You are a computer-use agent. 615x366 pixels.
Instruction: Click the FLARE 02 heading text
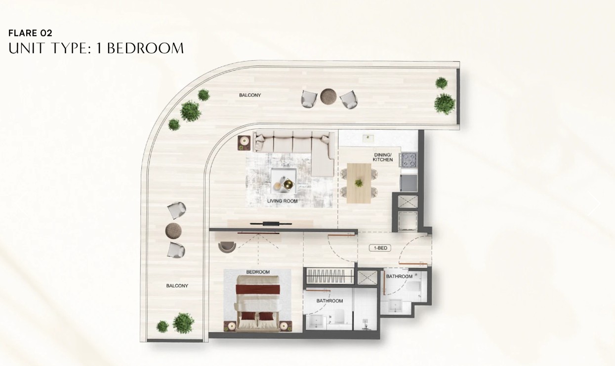click(x=30, y=33)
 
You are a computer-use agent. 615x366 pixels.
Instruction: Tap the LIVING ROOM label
click(x=282, y=201)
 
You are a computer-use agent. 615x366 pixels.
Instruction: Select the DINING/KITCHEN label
click(x=383, y=157)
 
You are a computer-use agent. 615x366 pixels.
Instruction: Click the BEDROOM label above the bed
click(x=258, y=272)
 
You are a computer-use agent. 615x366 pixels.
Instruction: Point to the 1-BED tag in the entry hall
click(x=380, y=248)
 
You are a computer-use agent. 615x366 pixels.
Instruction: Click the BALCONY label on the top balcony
click(x=250, y=95)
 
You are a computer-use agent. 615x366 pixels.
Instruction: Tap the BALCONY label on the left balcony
click(x=177, y=286)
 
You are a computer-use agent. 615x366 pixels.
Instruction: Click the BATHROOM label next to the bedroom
click(x=329, y=301)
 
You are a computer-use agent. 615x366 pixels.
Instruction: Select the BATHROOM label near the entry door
click(x=399, y=276)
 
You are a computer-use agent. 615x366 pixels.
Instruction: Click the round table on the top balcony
click(x=328, y=97)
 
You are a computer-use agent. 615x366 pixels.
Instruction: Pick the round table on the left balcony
click(x=173, y=231)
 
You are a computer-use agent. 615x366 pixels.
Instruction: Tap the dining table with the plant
click(x=359, y=183)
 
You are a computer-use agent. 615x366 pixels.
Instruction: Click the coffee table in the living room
click(x=284, y=181)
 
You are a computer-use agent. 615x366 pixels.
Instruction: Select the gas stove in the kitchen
click(x=409, y=160)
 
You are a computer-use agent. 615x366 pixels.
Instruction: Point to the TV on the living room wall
click(x=271, y=224)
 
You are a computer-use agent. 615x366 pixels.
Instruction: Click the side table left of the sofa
click(x=244, y=143)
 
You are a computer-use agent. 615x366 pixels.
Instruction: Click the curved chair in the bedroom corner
click(x=227, y=247)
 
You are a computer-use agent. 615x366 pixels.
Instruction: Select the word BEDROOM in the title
click(x=145, y=48)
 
